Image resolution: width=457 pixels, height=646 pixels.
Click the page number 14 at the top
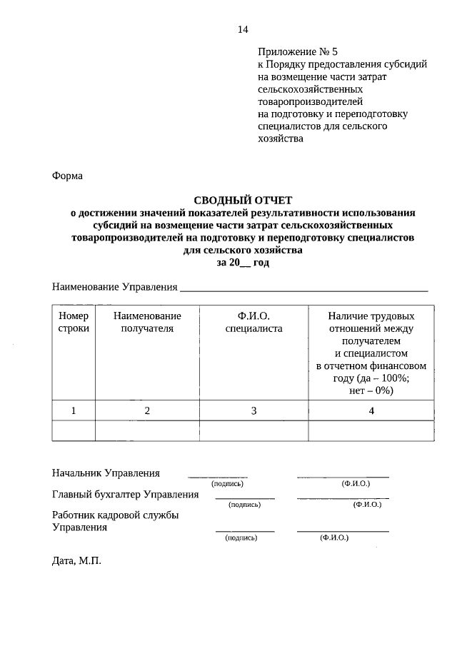243,29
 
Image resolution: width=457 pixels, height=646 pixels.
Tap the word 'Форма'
68,176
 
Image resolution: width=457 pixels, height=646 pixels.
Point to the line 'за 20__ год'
243,262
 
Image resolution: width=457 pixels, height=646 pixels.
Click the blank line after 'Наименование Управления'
303,289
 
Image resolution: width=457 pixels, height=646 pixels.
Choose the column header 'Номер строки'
74,322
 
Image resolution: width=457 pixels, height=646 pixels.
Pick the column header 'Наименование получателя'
147,322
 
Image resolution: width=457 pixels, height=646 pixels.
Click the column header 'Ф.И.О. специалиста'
253,322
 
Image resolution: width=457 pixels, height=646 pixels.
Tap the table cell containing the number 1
74,410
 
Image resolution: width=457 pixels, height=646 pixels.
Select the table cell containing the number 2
147,410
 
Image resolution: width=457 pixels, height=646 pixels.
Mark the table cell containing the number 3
253,410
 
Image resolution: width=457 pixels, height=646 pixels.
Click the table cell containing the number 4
371,410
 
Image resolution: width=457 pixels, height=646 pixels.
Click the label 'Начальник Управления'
106,473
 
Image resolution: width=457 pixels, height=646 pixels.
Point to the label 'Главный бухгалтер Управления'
125,495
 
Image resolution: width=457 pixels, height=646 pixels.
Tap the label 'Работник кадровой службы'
115,515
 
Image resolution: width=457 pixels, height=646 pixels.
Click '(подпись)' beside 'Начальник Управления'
218,483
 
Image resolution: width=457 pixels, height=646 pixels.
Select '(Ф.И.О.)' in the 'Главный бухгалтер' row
367,505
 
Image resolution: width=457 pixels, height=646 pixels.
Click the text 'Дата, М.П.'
76,561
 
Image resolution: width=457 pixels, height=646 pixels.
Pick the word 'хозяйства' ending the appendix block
281,139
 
